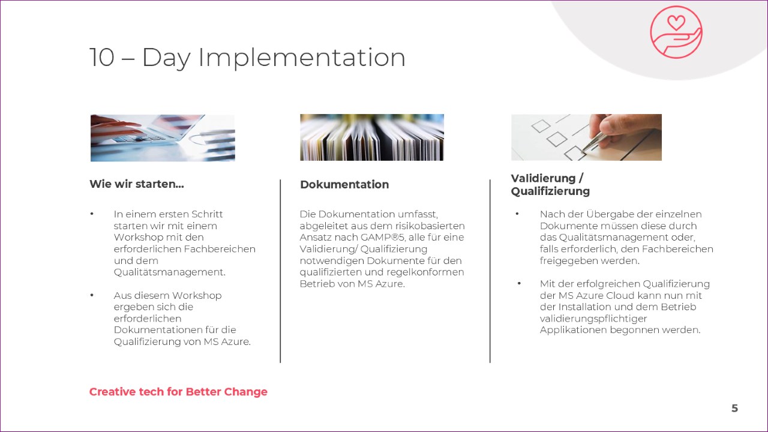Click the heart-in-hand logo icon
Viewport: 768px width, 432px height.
point(676,32)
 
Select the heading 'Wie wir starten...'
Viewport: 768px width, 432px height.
point(137,184)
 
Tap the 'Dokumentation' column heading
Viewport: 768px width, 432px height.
point(344,184)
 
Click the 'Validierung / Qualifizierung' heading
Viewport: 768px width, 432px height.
point(550,185)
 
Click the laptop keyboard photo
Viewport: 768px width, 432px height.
point(163,138)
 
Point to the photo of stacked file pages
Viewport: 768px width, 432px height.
point(372,137)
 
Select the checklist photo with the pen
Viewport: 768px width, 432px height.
point(586,137)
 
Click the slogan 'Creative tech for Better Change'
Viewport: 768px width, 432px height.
point(178,392)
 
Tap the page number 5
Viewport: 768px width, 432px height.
point(734,409)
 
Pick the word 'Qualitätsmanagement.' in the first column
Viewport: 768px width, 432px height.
point(170,272)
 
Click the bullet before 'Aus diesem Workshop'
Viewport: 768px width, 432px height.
point(92,295)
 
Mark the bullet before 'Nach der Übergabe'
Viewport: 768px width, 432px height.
point(517,214)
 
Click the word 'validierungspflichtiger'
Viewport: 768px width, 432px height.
point(593,319)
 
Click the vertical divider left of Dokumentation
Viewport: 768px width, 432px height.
point(280,271)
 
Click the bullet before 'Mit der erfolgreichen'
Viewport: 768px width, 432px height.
point(519,283)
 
